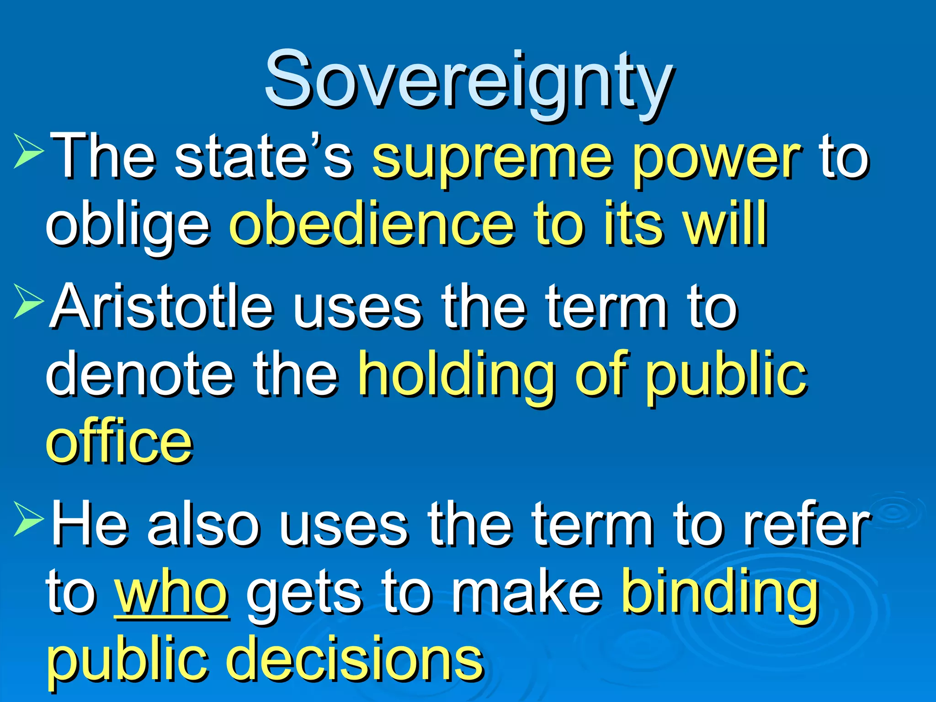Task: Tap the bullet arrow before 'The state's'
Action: pyautogui.click(x=28, y=150)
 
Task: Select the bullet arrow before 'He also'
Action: pyautogui.click(x=28, y=518)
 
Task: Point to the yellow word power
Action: pyautogui.click(x=716, y=160)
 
